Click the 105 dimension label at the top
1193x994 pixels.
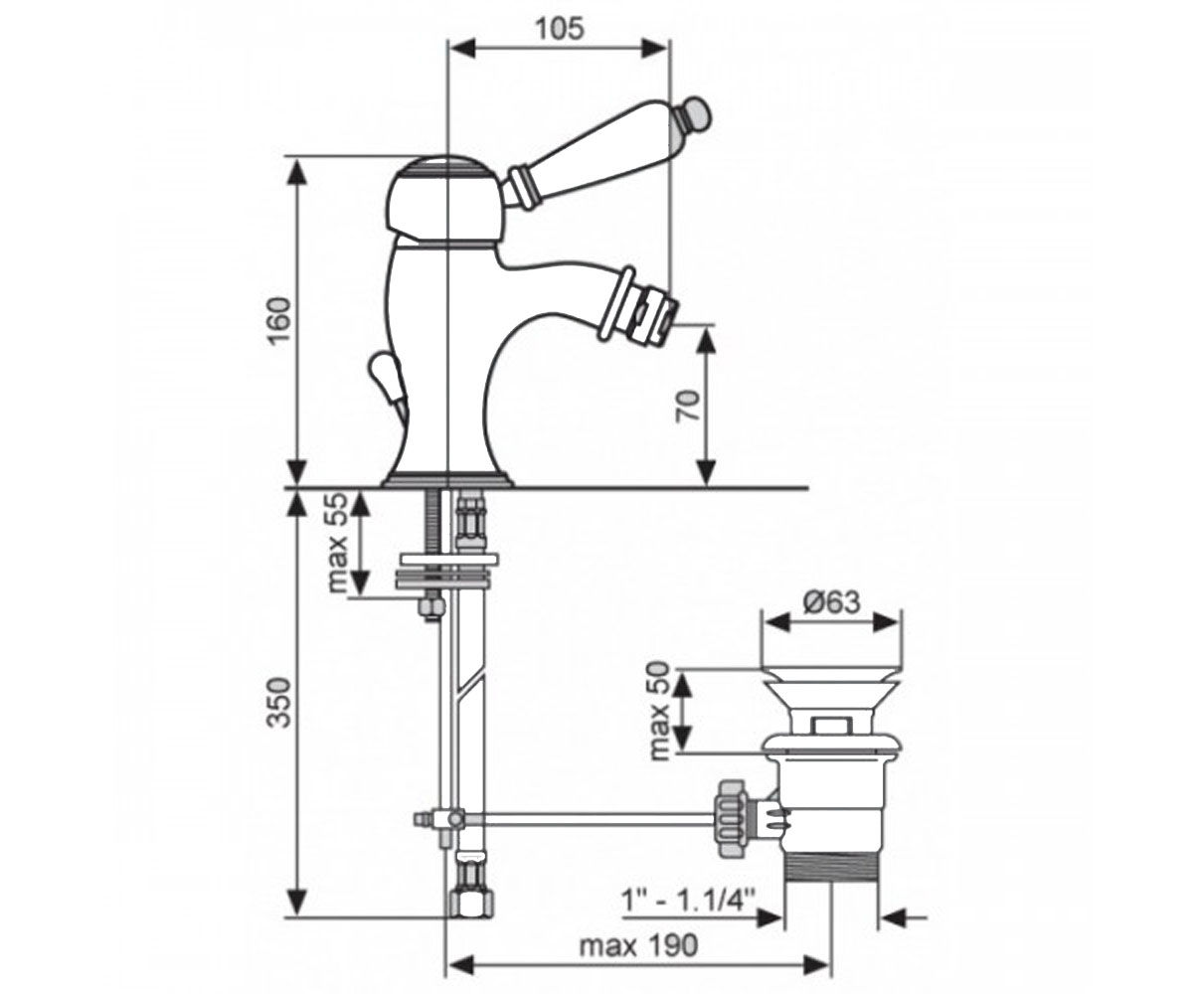560,29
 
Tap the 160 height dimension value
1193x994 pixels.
280,320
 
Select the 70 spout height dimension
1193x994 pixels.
689,405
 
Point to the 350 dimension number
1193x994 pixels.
280,703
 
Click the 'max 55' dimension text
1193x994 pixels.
337,543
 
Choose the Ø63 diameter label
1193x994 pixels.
831,602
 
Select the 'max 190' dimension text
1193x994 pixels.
639,946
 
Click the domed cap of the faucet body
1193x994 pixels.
444,201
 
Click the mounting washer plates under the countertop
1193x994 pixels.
446,571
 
